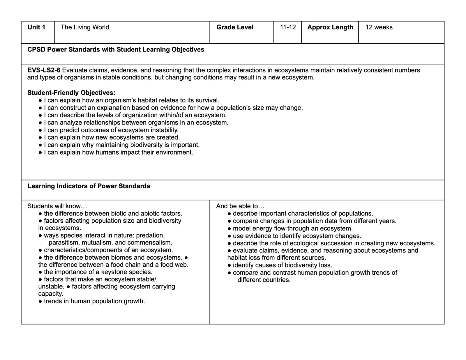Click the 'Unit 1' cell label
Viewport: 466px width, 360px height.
[x=36, y=27]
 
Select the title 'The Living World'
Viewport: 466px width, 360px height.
[x=85, y=27]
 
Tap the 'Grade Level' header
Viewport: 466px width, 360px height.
[x=235, y=27]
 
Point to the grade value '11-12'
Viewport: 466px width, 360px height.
[x=288, y=27]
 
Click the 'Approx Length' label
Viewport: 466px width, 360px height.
[x=330, y=27]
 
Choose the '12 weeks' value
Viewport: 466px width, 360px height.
[x=379, y=27]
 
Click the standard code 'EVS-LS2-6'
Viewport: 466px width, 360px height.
[x=44, y=70]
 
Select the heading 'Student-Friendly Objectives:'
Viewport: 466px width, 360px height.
[x=71, y=93]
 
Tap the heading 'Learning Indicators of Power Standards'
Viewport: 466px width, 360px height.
[x=89, y=186]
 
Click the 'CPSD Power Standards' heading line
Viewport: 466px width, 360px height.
[x=116, y=50]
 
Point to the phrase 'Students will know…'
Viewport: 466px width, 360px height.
[x=57, y=206]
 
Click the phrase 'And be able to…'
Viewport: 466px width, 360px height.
[x=240, y=206]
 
